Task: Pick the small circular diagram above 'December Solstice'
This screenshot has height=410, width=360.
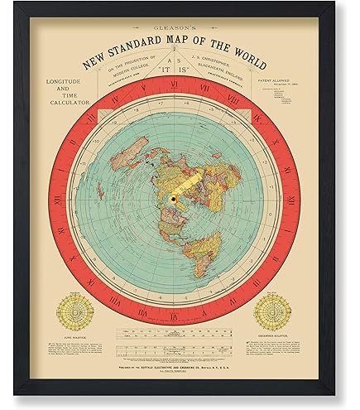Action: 277,312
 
